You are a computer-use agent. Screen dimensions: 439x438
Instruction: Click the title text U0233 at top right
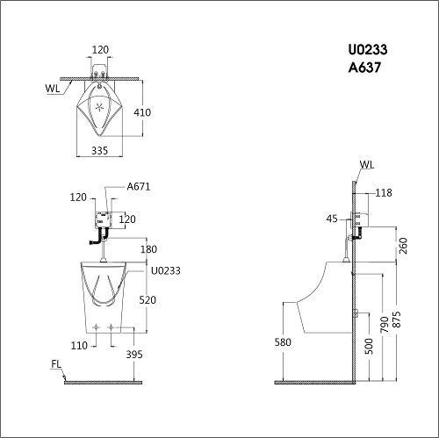368,49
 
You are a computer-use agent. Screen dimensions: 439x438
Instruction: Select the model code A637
364,68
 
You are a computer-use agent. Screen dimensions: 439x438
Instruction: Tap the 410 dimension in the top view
142,112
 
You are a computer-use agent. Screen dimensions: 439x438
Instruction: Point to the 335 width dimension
100,151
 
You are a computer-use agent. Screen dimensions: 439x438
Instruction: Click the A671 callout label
139,186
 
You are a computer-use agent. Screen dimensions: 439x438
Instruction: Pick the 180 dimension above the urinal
148,249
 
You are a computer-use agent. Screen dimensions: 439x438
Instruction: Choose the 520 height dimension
148,300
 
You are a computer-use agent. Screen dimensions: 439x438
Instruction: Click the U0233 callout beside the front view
166,270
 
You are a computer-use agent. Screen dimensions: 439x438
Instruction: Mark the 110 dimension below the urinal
79,346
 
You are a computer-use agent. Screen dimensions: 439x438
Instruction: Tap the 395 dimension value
134,355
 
